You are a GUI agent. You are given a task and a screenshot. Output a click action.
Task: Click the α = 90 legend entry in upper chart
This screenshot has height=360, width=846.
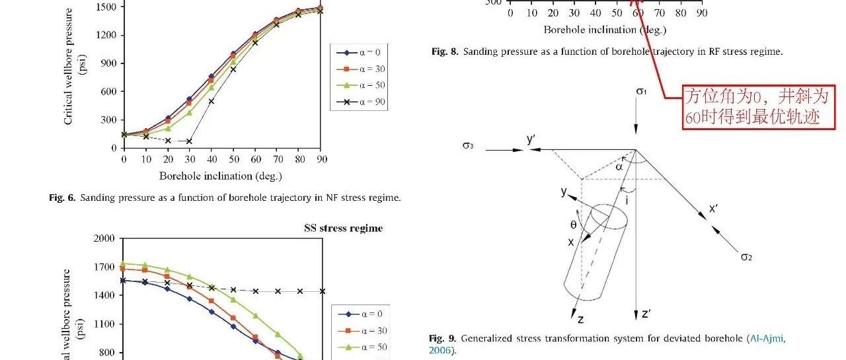click(x=359, y=102)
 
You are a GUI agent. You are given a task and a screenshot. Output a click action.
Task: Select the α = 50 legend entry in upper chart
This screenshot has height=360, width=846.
click(x=359, y=85)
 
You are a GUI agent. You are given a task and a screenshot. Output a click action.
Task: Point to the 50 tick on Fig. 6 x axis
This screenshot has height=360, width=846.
click(x=233, y=159)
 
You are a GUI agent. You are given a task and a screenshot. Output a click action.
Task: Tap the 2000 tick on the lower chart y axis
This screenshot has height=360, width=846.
click(x=105, y=238)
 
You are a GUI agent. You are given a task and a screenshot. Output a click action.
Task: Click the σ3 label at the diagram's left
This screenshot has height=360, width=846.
click(x=467, y=145)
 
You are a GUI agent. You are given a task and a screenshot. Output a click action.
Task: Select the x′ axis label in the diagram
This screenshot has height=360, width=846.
click(x=714, y=209)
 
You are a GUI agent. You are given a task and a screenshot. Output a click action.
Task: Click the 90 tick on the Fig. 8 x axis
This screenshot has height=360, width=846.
click(x=701, y=13)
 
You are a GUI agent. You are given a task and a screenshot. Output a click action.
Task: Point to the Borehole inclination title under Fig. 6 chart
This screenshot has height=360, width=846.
click(x=220, y=176)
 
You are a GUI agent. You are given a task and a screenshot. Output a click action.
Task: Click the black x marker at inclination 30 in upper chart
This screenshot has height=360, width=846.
click(x=190, y=141)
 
